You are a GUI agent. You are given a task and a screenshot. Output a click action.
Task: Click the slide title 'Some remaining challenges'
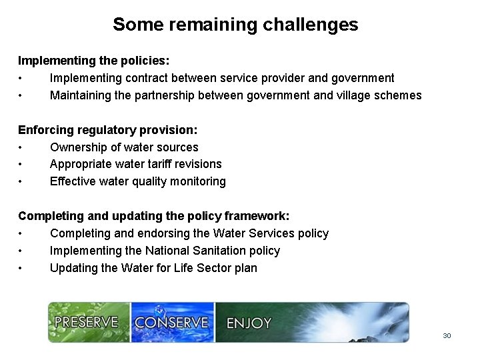coord(235,25)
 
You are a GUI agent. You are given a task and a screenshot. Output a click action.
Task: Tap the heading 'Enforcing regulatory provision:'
coord(107,130)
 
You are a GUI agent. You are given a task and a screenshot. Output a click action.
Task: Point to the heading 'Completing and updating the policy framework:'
coord(153,216)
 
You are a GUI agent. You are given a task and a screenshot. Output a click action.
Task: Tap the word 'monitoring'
coord(197,181)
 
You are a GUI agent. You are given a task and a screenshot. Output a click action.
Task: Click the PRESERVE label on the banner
coord(86,323)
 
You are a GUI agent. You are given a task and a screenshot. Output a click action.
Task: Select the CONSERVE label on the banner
coord(171,323)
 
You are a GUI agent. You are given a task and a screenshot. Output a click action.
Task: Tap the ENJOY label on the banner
coord(249,323)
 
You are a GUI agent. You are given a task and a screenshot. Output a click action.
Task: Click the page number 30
coord(447,335)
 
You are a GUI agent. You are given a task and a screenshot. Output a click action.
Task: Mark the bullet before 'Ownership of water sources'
coord(22,148)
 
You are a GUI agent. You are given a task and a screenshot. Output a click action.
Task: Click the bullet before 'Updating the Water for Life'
coord(22,269)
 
